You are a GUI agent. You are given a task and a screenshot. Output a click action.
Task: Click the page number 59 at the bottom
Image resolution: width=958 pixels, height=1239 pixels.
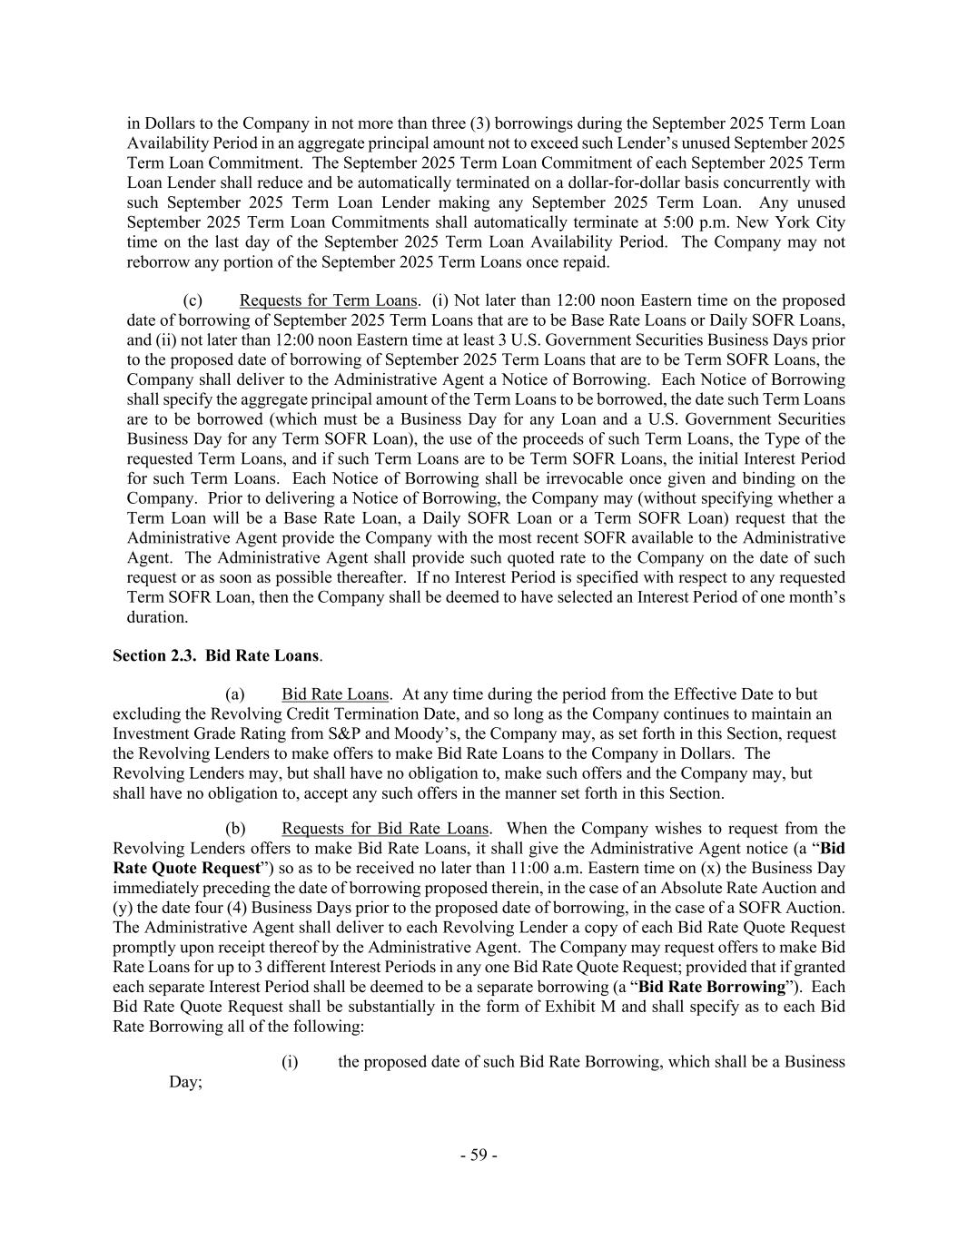click(479, 1155)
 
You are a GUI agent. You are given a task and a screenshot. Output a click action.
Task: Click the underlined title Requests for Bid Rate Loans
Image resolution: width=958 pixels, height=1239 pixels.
click(385, 829)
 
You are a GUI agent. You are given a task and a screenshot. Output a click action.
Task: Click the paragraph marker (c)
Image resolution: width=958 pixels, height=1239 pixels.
click(192, 300)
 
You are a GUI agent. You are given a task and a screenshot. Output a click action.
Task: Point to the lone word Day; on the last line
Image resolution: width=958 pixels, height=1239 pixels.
click(185, 1082)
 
